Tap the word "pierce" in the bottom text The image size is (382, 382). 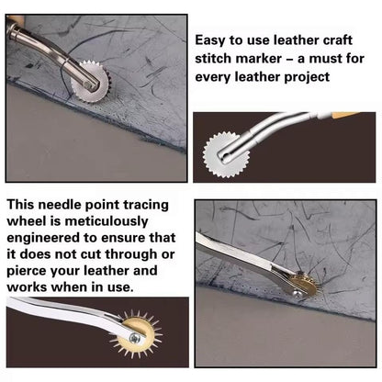[x=26, y=271]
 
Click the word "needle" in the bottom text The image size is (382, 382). [x=61, y=205]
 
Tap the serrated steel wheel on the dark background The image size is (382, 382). [x=226, y=155]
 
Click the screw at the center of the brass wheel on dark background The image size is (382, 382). [x=134, y=338]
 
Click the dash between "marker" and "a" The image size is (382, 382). [x=289, y=60]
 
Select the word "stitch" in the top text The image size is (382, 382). [x=212, y=58]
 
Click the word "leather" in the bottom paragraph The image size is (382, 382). [x=107, y=271]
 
